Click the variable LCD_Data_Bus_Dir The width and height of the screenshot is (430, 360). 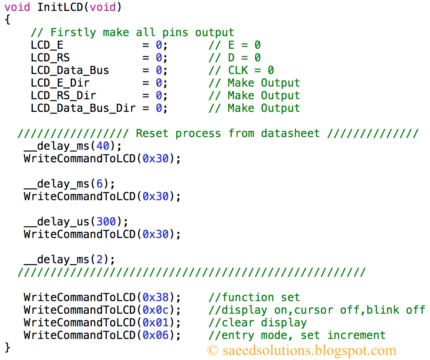(83, 108)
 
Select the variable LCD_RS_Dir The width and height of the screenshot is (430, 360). (63, 95)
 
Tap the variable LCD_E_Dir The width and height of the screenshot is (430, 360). (60, 83)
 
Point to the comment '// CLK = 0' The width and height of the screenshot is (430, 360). (241, 70)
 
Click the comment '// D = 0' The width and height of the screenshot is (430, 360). (234, 58)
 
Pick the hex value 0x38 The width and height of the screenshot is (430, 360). (156, 297)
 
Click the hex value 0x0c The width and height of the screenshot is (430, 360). (156, 310)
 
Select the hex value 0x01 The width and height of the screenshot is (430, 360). (156, 323)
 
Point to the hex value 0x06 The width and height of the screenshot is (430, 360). (156, 335)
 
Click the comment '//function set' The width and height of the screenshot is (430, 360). (254, 297)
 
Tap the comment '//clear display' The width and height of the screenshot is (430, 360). (257, 323)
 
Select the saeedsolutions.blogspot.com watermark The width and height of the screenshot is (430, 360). (302, 350)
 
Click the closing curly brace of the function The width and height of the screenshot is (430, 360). (7, 347)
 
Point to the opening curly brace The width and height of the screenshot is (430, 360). (7, 20)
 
